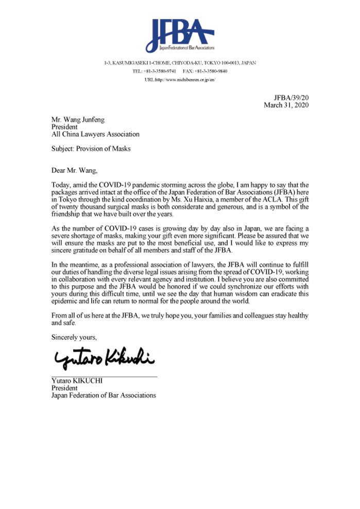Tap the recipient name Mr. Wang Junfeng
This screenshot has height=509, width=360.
(78, 120)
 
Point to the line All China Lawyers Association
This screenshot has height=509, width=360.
(95, 134)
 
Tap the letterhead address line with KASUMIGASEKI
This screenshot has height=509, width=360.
(180, 63)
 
